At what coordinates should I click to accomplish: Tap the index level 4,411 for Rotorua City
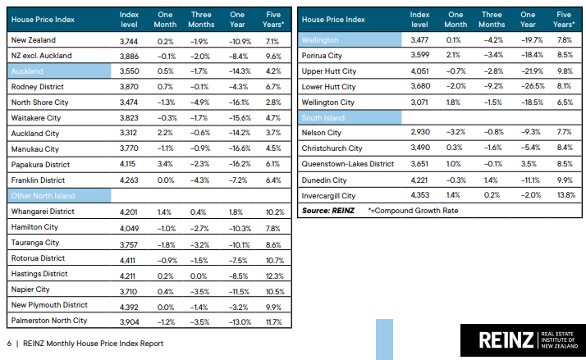click(x=129, y=258)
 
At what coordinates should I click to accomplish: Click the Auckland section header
click(x=29, y=71)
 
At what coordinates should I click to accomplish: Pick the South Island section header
click(x=325, y=117)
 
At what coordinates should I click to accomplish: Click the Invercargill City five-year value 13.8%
click(x=565, y=196)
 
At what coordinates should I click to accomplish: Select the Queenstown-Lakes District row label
click(x=348, y=164)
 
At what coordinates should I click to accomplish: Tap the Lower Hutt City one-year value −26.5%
click(x=528, y=87)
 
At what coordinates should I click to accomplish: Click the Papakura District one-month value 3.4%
click(x=165, y=165)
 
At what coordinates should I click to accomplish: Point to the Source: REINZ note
click(x=327, y=212)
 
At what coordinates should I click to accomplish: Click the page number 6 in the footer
click(x=9, y=344)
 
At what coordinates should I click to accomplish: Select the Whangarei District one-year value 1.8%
click(x=237, y=212)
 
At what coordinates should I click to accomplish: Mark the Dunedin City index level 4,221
click(x=420, y=180)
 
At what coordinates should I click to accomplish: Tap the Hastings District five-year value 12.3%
click(x=274, y=274)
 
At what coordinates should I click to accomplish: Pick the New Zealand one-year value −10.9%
click(x=236, y=40)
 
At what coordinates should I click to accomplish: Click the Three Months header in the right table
click(x=492, y=19)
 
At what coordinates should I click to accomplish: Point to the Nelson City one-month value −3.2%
click(x=455, y=133)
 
